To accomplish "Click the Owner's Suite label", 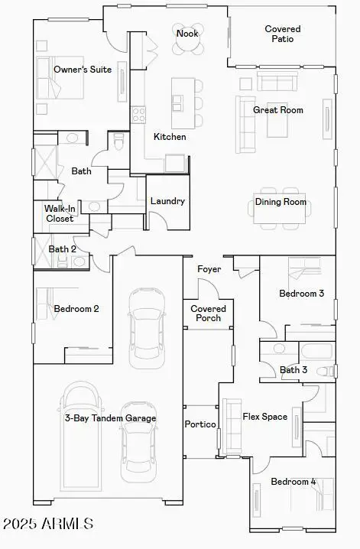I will click(x=83, y=70).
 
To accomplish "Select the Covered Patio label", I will click(x=283, y=34).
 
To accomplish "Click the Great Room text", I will click(x=278, y=110).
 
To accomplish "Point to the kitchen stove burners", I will click(x=139, y=115).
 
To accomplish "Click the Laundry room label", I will click(x=167, y=201).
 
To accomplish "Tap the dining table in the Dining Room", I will click(x=279, y=215).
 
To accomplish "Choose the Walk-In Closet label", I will click(x=59, y=213).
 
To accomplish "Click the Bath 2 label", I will click(x=63, y=249).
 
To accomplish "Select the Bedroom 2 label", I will click(x=76, y=309).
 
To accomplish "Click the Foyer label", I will click(x=209, y=269).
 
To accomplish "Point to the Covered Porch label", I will click(x=208, y=313).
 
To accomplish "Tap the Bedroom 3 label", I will click(x=301, y=294).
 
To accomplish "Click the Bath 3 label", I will click(x=294, y=370).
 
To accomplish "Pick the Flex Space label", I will click(x=265, y=417).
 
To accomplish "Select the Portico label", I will click(x=201, y=424).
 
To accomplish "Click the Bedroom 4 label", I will click(x=293, y=482).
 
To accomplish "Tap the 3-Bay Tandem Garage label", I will click(x=110, y=418).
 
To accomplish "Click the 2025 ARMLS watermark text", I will click(x=48, y=524).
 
